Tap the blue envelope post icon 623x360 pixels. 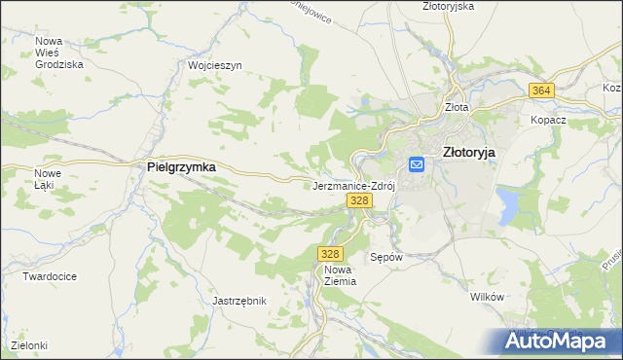[x=417, y=164]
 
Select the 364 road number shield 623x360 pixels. [x=542, y=90]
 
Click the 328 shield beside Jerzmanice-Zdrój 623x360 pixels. [x=359, y=199]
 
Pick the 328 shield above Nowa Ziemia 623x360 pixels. [x=328, y=253]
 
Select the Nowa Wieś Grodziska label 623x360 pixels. [x=58, y=53]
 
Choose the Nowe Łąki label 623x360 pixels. [x=48, y=179]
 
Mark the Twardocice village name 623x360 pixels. [x=50, y=276]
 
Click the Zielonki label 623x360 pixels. [x=29, y=345]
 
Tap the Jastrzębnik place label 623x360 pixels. [x=239, y=301]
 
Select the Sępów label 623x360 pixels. [x=386, y=258]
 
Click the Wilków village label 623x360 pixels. [x=485, y=296]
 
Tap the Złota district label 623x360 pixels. [x=456, y=108]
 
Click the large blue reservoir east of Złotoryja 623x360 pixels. [x=509, y=205]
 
